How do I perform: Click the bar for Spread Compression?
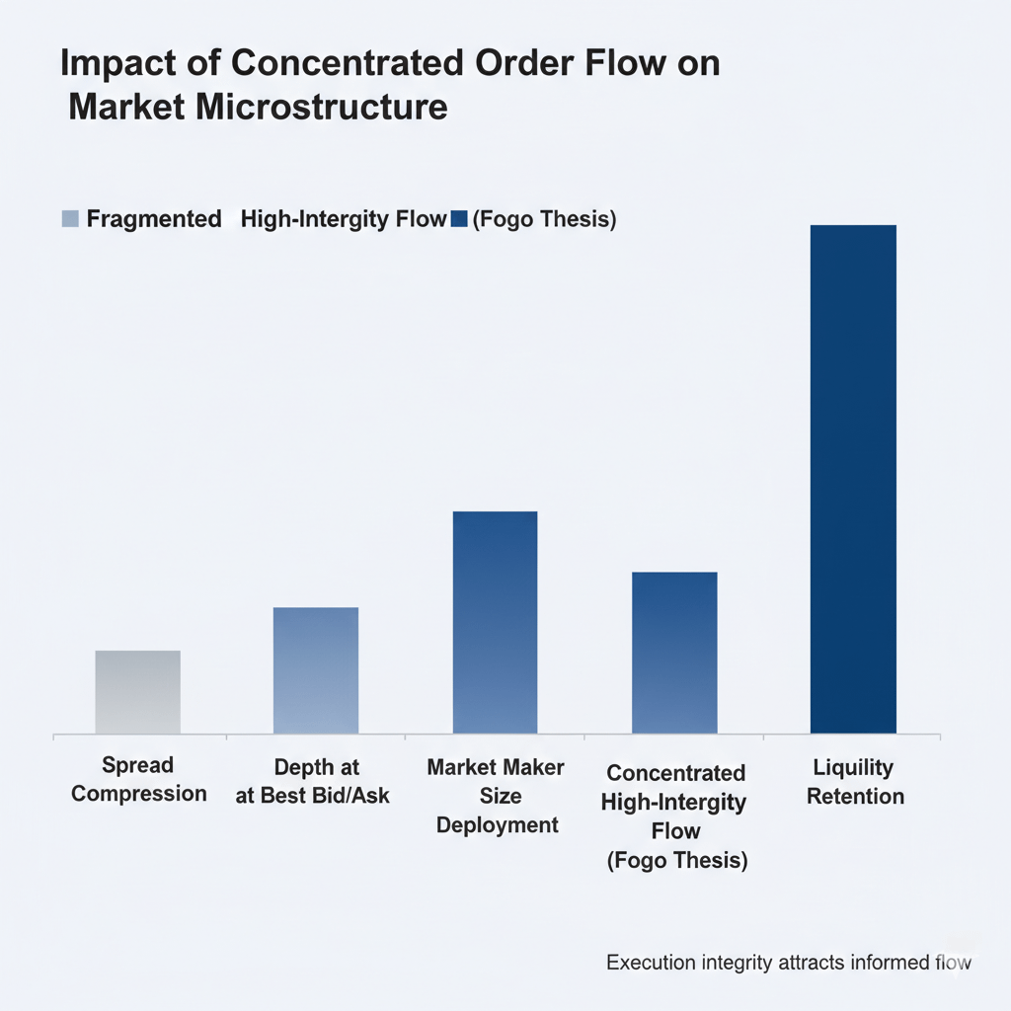137,692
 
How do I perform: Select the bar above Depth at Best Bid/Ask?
316,670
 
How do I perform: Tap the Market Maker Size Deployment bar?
495,623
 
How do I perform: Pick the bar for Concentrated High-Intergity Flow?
674,653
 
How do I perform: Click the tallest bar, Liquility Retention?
853,480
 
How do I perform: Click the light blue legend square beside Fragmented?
69,219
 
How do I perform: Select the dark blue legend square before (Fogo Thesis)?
458,219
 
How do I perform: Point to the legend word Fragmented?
154,219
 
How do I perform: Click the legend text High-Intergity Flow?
344,219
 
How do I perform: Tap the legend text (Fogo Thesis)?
544,219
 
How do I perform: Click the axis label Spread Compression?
138,779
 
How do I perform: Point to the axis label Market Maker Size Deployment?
496,795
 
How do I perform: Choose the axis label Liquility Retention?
854,781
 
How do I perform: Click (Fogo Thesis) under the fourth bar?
676,860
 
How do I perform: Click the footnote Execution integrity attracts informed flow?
788,962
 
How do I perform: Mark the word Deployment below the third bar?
497,824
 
